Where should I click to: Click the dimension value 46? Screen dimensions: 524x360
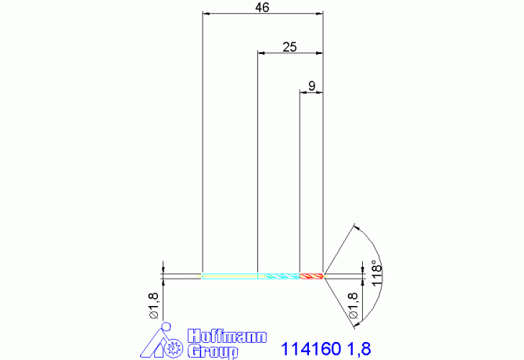(x=262, y=7)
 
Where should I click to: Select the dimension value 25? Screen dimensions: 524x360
(x=289, y=47)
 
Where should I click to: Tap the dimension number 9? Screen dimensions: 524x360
(x=311, y=86)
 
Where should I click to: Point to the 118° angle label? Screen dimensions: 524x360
(x=376, y=273)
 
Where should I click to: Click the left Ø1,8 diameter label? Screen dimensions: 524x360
(x=154, y=305)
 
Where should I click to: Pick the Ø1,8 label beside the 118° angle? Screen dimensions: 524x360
(x=354, y=305)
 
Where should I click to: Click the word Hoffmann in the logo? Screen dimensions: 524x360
(x=227, y=337)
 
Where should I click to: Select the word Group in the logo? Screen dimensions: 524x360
(x=213, y=351)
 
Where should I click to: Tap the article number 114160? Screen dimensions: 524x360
(x=310, y=349)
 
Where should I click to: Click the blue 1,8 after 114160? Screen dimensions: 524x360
(x=359, y=349)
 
